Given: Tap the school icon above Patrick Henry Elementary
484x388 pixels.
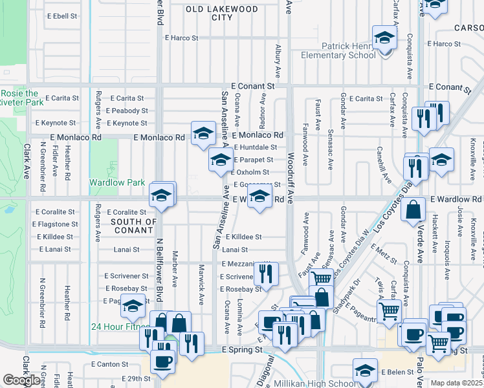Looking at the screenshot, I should tap(384, 38).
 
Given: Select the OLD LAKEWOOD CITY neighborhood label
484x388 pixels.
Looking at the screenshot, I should tap(221, 13).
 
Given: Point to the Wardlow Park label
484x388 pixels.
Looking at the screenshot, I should tap(117, 183).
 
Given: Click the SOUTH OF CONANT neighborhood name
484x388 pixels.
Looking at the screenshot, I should tap(134, 226).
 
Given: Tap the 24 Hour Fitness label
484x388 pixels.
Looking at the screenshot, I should tap(120, 327).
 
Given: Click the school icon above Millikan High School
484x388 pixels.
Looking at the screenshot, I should tap(365, 371).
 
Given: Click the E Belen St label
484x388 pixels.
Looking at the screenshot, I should tap(397, 372).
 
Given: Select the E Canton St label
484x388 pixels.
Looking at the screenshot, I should tap(111, 365).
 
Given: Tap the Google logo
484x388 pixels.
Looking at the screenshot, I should tap(21, 380).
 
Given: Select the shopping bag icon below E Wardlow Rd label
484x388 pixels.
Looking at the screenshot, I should tap(413, 210).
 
